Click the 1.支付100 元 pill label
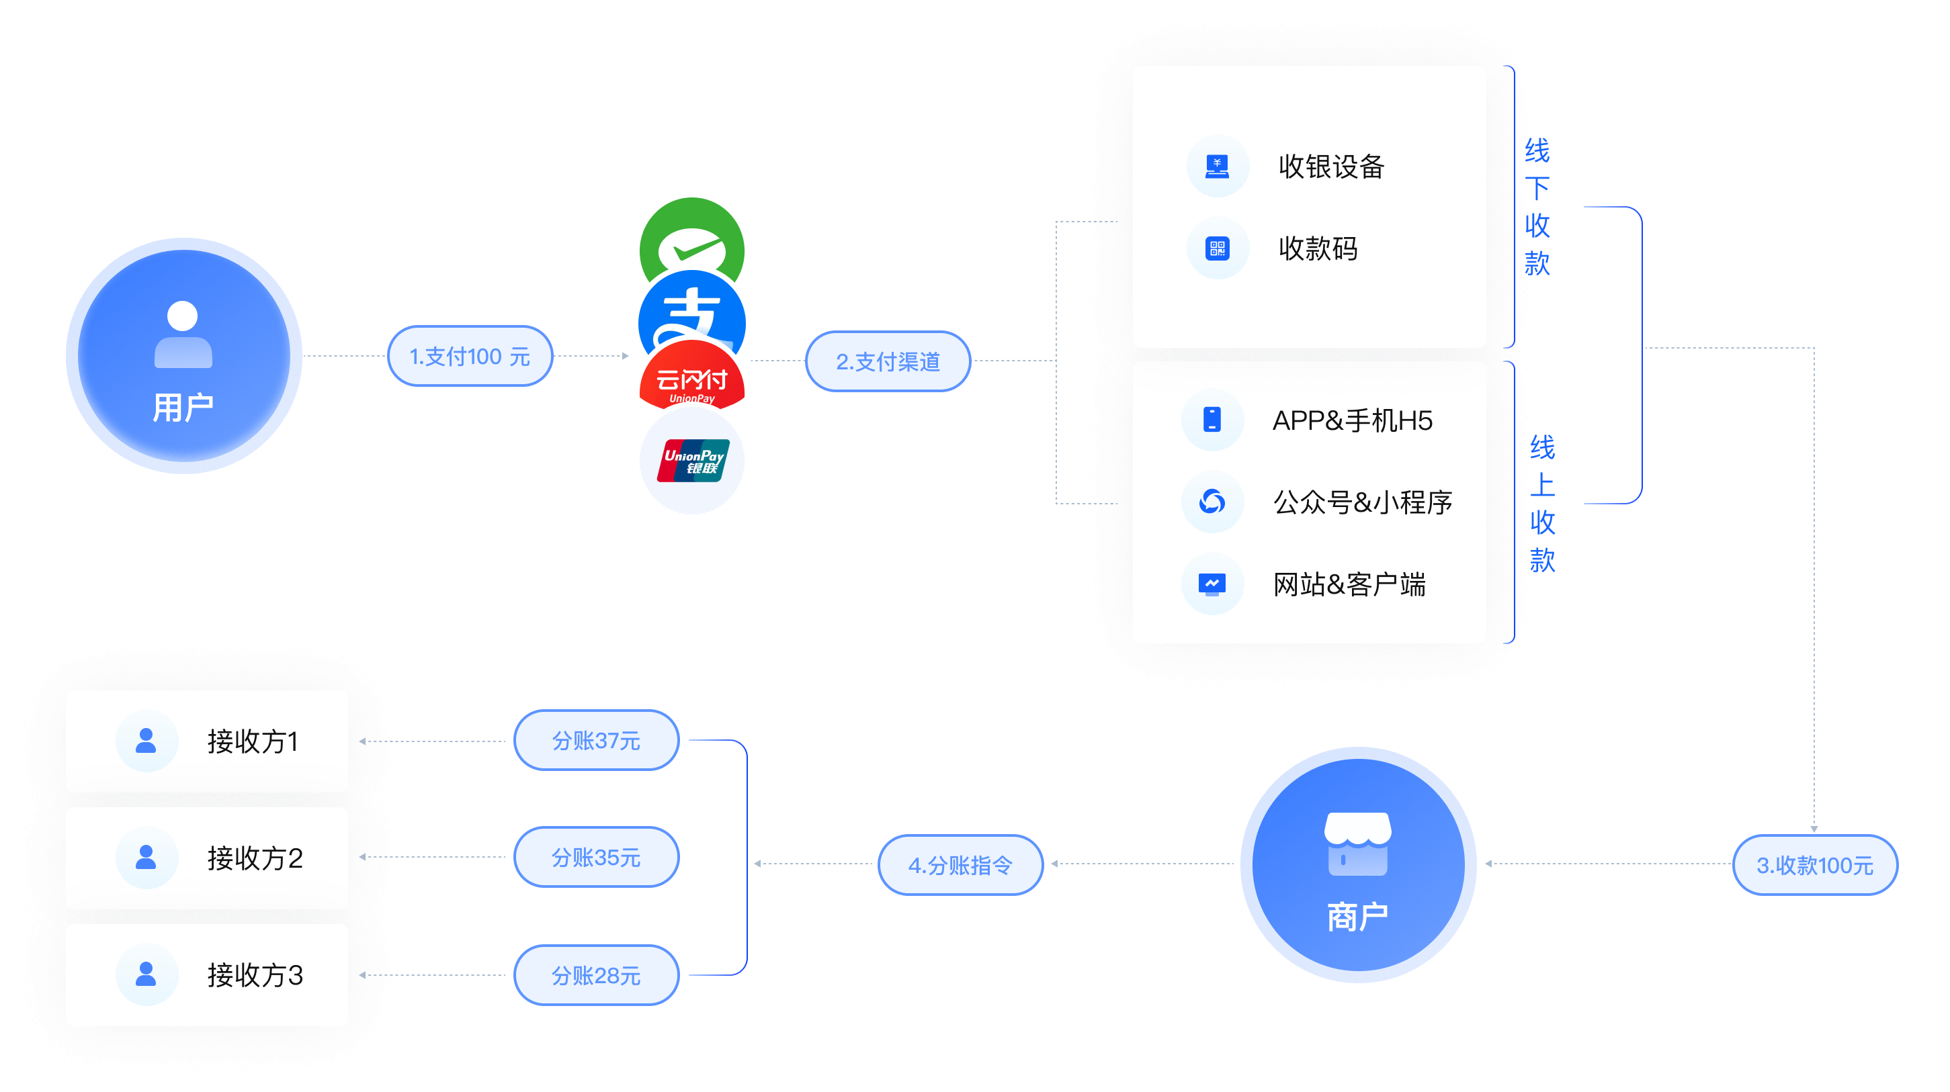tap(469, 356)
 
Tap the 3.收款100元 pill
tap(1814, 864)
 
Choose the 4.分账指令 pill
tap(960, 864)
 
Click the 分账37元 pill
tap(596, 740)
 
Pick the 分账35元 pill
tap(596, 857)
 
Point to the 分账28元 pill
tap(596, 974)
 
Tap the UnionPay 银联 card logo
tap(693, 461)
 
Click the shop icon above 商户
tap(1357, 843)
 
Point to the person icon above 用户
tap(182, 334)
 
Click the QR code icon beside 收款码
tap(1217, 248)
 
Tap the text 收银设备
tap(1330, 167)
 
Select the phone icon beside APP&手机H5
tap(1212, 419)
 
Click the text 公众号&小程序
tap(1362, 502)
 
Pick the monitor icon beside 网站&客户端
tap(1212, 584)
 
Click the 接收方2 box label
tap(255, 858)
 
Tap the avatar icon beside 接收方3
tap(146, 974)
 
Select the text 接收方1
tap(253, 741)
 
